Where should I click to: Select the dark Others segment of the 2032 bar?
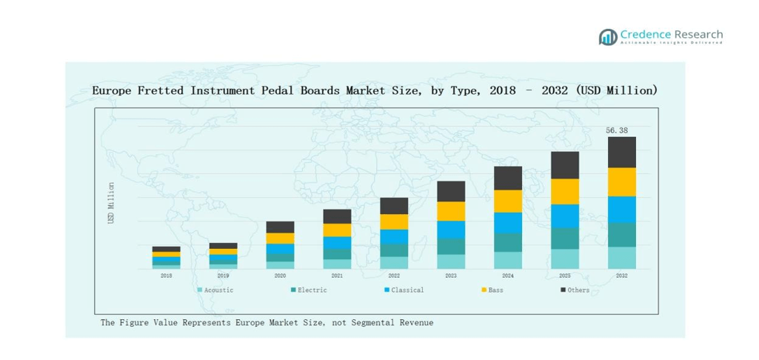621,152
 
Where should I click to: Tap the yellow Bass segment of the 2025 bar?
565,191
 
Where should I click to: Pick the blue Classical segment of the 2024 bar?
508,223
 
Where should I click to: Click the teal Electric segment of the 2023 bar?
451,247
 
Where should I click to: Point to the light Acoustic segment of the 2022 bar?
394,262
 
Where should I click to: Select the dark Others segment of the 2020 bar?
280,227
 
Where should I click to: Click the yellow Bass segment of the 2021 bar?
337,230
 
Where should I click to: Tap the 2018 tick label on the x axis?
166,276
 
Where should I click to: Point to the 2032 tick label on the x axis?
621,276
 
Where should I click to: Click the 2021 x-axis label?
337,276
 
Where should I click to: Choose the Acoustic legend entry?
215,290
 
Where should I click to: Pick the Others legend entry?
576,290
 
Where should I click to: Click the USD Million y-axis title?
111,203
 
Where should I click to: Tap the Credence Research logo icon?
608,37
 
